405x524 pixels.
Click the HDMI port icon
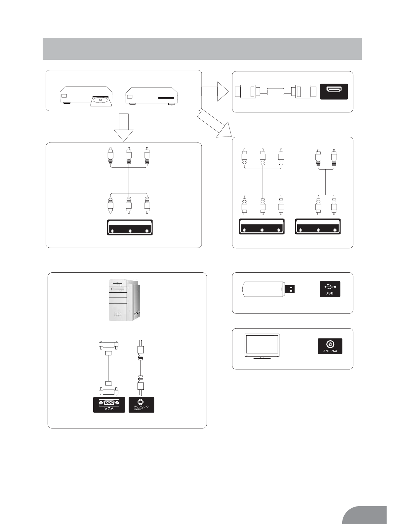(x=334, y=91)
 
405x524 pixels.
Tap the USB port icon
(x=330, y=289)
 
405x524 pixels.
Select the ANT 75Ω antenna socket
(x=330, y=346)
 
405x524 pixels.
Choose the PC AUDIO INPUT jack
(x=141, y=405)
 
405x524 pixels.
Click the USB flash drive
(x=268, y=289)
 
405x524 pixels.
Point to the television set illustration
(x=262, y=346)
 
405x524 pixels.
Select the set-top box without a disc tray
(x=152, y=96)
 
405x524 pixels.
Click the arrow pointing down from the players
(x=124, y=128)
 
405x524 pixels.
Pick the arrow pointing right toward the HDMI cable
(x=215, y=91)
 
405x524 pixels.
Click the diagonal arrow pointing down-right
(x=215, y=123)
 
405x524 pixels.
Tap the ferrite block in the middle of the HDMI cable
(x=275, y=91)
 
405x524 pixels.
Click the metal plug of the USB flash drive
(x=290, y=289)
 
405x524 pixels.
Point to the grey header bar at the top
(x=202, y=49)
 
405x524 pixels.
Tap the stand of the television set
(x=262, y=358)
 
